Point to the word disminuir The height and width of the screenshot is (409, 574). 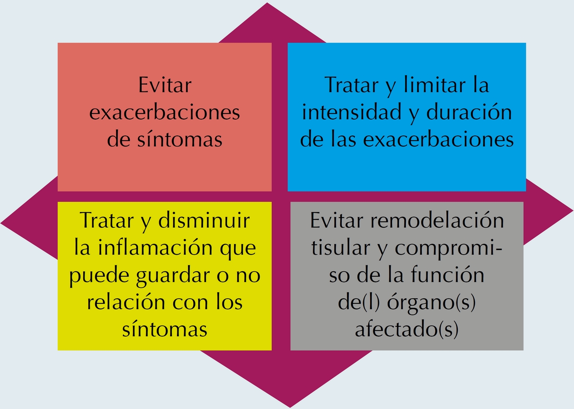[204, 221]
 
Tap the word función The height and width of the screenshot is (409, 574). [448, 275]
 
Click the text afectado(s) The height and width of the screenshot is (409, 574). [407, 330]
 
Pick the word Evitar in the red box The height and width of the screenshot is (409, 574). [165, 86]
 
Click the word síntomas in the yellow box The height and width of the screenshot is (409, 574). [164, 329]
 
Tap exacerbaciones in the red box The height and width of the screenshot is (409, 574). [164, 113]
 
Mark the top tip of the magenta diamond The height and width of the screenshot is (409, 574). [267, 4]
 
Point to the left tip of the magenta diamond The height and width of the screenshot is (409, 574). [2, 223]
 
